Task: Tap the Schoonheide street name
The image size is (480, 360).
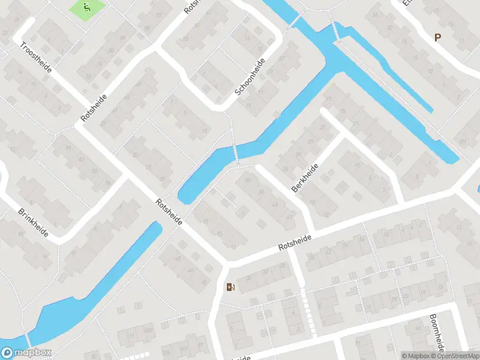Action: tap(250, 77)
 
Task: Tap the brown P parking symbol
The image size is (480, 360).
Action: tap(438, 38)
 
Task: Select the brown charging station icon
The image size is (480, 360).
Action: tap(230, 287)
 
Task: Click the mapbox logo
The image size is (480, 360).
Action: tap(26, 353)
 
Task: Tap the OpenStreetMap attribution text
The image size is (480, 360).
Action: tap(457, 356)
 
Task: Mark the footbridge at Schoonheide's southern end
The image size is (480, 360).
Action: tap(235, 153)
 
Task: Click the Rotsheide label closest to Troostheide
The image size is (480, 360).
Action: tap(94, 108)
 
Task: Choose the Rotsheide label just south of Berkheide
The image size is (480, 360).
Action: tap(295, 242)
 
